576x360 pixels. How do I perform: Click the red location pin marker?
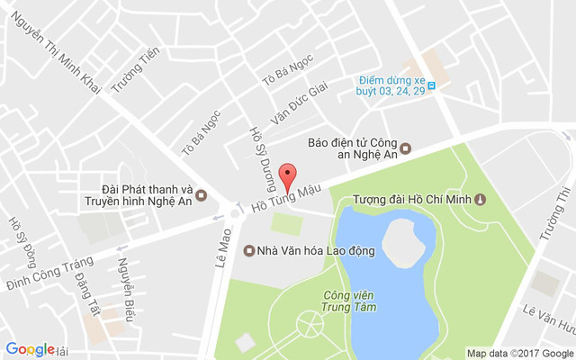[x=287, y=175]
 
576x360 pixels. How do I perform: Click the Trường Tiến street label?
[x=130, y=71]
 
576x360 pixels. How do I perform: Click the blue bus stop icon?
[x=432, y=85]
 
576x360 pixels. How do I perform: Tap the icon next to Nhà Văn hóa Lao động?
[x=248, y=250]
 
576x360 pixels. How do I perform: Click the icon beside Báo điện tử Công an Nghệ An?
[x=405, y=148]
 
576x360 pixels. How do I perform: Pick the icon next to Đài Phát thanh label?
[x=201, y=195]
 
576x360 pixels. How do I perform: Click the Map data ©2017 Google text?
[x=519, y=352]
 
